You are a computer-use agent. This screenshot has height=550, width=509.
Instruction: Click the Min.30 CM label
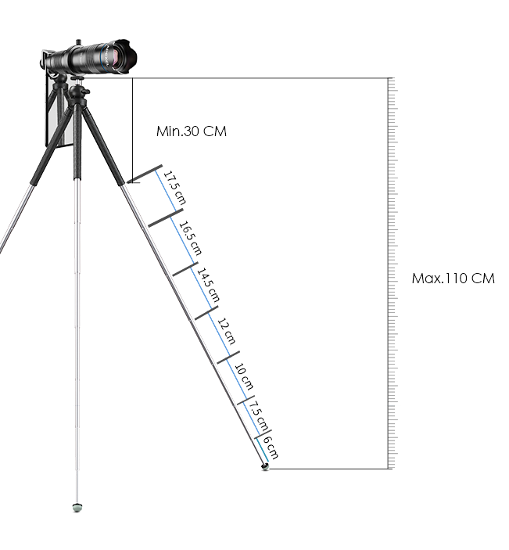[x=192, y=131]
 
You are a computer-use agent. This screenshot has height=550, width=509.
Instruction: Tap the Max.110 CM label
[x=453, y=279]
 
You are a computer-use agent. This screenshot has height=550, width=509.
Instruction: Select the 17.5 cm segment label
[x=174, y=187]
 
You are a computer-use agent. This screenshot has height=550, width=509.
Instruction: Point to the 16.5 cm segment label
[x=191, y=238]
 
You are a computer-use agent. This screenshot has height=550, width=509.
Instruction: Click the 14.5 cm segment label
[x=208, y=285]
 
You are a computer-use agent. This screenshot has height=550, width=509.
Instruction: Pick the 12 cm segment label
[x=227, y=331]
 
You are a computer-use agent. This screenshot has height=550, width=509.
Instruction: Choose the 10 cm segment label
[x=244, y=377]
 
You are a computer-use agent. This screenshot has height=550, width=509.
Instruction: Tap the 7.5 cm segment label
[x=259, y=416]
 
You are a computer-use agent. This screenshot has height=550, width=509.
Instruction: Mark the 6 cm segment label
[x=271, y=448]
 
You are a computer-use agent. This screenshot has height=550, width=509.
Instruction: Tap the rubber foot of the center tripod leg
[x=77, y=507]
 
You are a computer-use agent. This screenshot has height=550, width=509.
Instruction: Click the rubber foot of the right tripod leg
[x=265, y=466]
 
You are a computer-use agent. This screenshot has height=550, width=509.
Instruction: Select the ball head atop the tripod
[x=74, y=92]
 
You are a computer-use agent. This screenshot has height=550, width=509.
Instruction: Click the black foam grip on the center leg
[x=77, y=140]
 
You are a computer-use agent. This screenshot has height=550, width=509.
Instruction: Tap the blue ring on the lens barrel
[x=102, y=57]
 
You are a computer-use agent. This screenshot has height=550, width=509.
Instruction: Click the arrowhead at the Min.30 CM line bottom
[x=129, y=181]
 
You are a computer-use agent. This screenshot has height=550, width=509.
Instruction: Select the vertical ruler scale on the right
[x=393, y=273]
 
